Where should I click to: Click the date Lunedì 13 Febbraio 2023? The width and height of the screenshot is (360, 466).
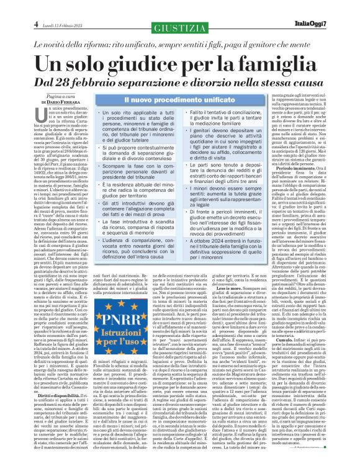[60, 8]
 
